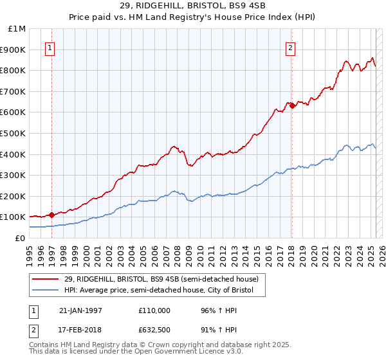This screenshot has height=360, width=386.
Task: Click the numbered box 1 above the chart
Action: click(x=50, y=47)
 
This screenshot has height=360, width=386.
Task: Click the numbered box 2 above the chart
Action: click(x=291, y=47)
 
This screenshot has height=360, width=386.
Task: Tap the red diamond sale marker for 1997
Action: click(x=52, y=215)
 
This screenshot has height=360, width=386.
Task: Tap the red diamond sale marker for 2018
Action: click(x=292, y=105)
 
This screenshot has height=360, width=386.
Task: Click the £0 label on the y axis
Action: click(x=21, y=238)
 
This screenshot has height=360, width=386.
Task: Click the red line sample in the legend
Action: click(x=45, y=279)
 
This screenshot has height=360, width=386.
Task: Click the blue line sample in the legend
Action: click(x=45, y=291)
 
